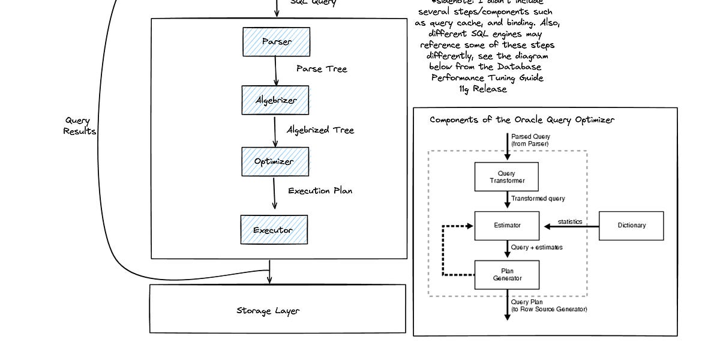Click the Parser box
tap(276, 41)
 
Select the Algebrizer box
tap(275, 100)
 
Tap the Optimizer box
tap(275, 161)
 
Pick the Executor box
tap(274, 230)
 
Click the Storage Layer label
tap(268, 311)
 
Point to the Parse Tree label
tap(322, 68)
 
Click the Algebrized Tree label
tap(320, 130)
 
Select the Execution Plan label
tap(320, 191)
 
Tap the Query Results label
tap(79, 126)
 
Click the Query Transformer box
tap(507, 177)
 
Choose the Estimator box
tap(507, 226)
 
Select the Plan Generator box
tap(507, 275)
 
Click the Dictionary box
tap(631, 226)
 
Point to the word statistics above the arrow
tap(569, 221)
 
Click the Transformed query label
tap(538, 199)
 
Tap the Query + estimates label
tap(536, 247)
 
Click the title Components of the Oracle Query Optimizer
tap(522, 120)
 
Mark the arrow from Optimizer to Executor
tap(274, 193)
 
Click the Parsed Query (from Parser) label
tap(530, 140)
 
